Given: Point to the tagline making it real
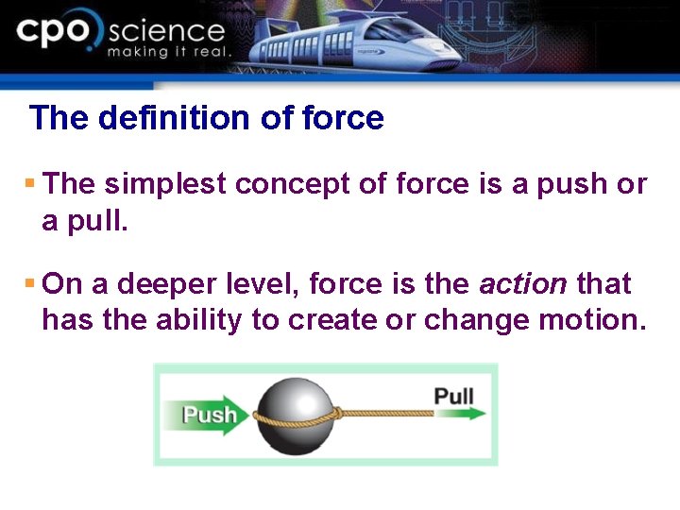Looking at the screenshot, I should coord(168,53).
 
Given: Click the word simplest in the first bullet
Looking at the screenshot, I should coord(165,184).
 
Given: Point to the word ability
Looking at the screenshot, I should coord(199,320).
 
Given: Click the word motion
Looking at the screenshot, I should coord(590,320).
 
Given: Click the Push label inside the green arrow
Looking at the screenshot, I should coord(210,415).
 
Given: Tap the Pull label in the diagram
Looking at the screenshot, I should coord(453,394).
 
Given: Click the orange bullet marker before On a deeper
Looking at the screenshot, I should coord(29,283).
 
